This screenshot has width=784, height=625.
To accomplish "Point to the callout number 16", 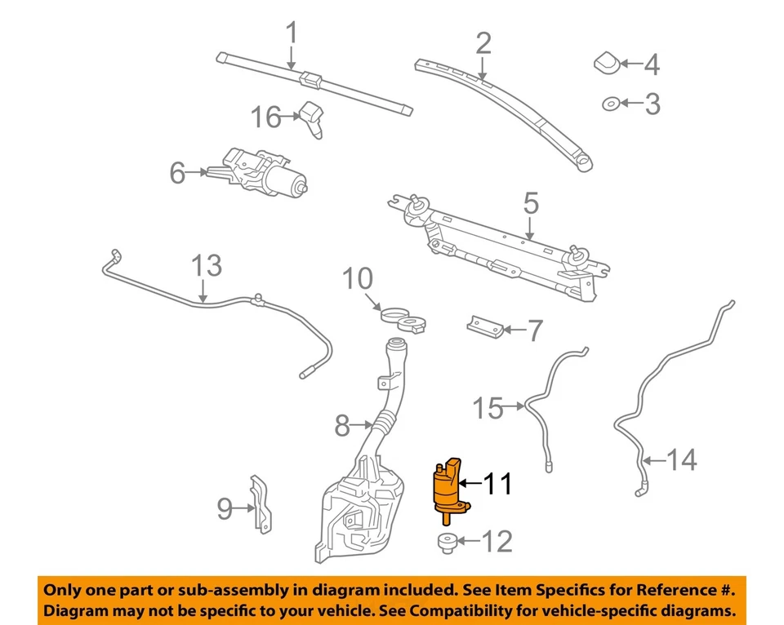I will pyautogui.click(x=265, y=117).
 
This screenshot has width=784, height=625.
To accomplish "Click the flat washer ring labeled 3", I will pyautogui.click(x=609, y=103).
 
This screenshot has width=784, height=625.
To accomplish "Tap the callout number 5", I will pyautogui.click(x=531, y=202).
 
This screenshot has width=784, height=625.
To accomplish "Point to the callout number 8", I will pyautogui.click(x=342, y=425).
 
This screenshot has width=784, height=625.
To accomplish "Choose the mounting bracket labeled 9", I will pyautogui.click(x=260, y=504).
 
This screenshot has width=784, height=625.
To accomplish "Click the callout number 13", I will pyautogui.click(x=206, y=266).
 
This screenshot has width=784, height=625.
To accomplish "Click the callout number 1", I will pyautogui.click(x=292, y=35).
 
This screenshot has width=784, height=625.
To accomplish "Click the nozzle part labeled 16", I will pyautogui.click(x=313, y=118).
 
